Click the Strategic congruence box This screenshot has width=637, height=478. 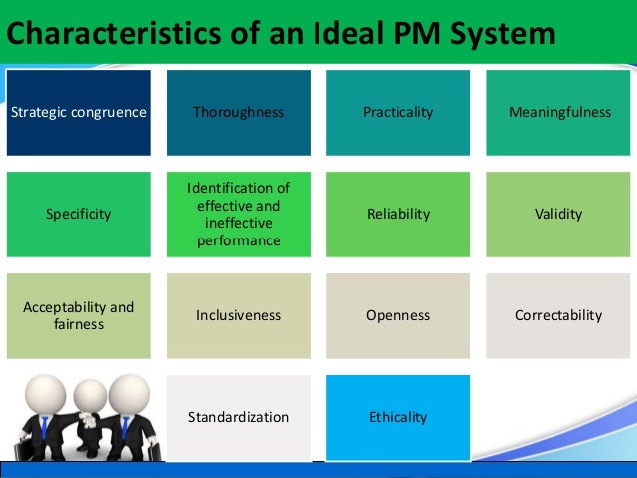[79, 113]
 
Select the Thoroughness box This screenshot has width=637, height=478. [239, 113]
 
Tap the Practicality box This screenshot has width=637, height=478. [398, 113]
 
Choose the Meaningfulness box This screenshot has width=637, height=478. [558, 113]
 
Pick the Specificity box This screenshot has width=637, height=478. [79, 215]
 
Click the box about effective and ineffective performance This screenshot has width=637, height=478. [239, 215]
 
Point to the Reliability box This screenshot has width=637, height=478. [398, 215]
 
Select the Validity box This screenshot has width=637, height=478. [558, 215]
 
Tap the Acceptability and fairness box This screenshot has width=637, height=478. [79, 315]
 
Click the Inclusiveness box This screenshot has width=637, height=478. [239, 315]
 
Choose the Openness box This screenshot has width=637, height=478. [398, 315]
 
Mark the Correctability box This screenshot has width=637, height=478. [558, 315]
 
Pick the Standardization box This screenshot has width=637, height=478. [239, 417]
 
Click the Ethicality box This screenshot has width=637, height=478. [398, 417]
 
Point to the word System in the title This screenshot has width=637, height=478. [504, 33]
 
